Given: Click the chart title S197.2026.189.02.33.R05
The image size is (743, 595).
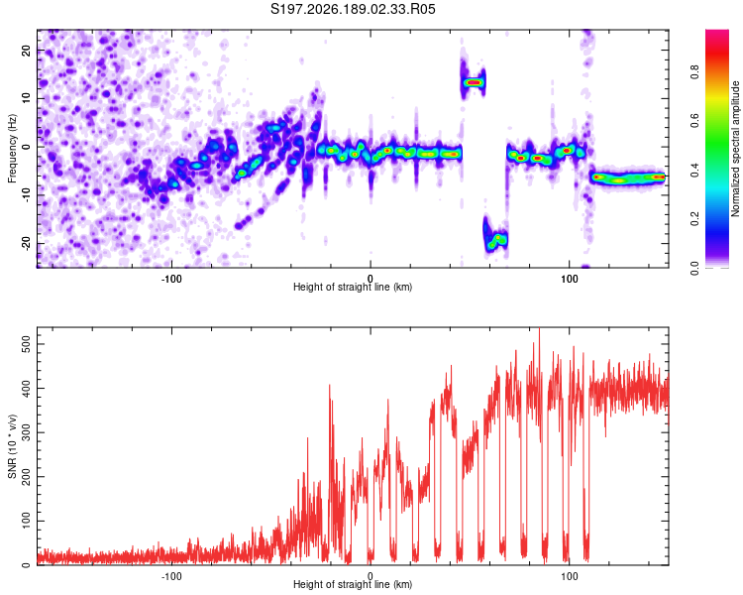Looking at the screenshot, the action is pyautogui.click(x=353, y=9).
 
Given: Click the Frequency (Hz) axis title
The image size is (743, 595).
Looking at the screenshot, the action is pyautogui.click(x=12, y=149).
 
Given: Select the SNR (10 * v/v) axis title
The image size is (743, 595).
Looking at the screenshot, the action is pyautogui.click(x=12, y=446).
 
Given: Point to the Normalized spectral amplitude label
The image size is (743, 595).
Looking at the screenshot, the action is pyautogui.click(x=735, y=149).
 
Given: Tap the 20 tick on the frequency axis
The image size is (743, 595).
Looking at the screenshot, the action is pyautogui.click(x=26, y=50).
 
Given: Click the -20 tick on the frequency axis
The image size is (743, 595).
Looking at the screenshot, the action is pyautogui.click(x=26, y=243).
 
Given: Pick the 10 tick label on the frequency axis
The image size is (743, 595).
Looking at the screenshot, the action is pyautogui.click(x=26, y=98).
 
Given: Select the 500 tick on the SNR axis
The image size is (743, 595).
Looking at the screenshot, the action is pyautogui.click(x=26, y=344).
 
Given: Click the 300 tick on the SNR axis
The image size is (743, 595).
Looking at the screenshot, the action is pyautogui.click(x=26, y=432).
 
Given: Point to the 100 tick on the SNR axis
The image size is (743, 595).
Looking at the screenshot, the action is pyautogui.click(x=26, y=521).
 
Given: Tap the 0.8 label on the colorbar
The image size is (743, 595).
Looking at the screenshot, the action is pyautogui.click(x=694, y=72).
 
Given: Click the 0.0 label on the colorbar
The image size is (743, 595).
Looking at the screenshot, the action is pyautogui.click(x=694, y=268).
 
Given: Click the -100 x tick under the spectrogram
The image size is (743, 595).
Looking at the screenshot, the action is pyautogui.click(x=171, y=279).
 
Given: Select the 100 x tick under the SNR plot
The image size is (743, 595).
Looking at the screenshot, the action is pyautogui.click(x=569, y=576).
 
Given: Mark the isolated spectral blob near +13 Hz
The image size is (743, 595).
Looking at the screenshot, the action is pyautogui.click(x=474, y=82).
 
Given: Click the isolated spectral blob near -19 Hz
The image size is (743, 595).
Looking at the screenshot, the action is pyautogui.click(x=495, y=238).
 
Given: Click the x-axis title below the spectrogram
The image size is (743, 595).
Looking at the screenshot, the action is pyautogui.click(x=353, y=287).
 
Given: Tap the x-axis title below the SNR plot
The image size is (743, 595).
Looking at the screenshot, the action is pyautogui.click(x=353, y=584).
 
